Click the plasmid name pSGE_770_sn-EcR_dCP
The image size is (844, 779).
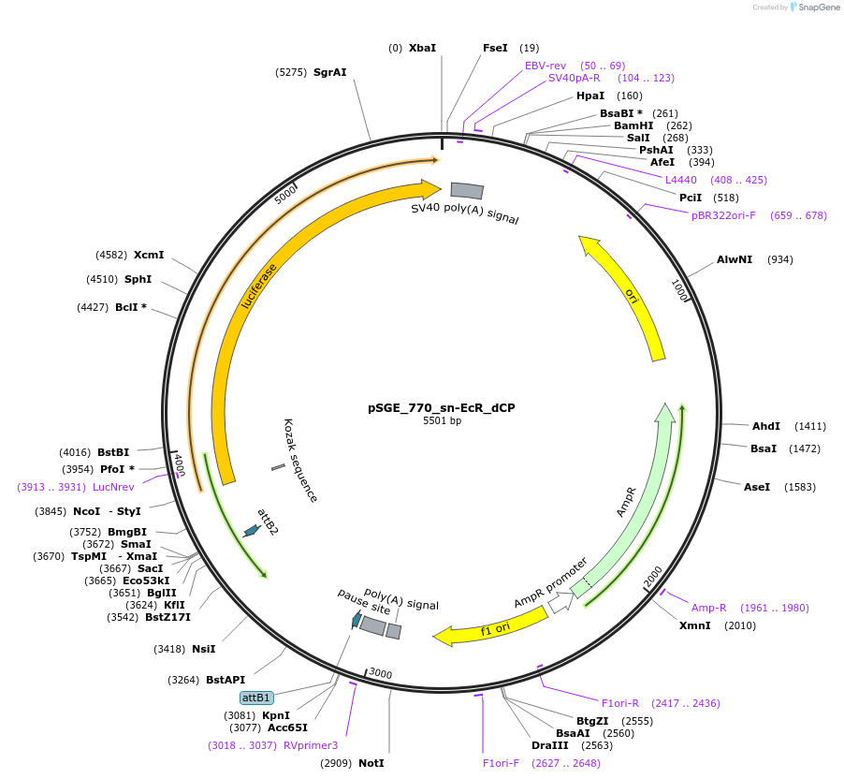click(x=441, y=408)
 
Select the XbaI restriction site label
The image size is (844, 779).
click(x=422, y=48)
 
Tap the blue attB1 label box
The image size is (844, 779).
click(x=256, y=698)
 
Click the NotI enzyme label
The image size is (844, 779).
click(x=371, y=763)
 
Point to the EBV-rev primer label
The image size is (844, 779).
click(x=546, y=66)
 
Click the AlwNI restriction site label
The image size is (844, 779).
click(x=735, y=258)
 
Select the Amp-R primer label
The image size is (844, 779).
click(x=708, y=608)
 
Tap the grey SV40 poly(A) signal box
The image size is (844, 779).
click(x=467, y=191)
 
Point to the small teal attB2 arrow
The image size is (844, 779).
click(x=251, y=531)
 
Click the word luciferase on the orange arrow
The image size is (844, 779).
click(x=259, y=286)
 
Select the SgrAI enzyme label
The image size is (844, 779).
click(x=329, y=72)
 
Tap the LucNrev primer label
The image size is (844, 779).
click(x=113, y=487)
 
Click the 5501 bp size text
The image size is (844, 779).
click(x=442, y=421)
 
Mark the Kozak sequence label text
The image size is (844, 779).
click(x=301, y=461)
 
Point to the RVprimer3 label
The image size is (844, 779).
click(x=311, y=745)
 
